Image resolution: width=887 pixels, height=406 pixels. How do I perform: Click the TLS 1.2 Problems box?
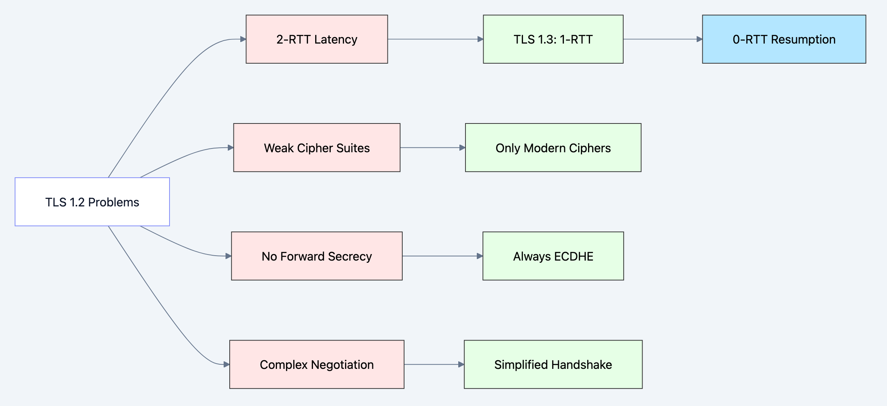point(92,202)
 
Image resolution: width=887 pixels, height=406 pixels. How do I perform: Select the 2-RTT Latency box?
point(317,39)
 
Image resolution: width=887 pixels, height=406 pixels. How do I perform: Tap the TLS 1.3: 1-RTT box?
point(553,39)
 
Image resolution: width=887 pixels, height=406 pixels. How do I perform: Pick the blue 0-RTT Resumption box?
point(784,39)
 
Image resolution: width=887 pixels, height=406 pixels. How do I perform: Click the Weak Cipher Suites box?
point(317,148)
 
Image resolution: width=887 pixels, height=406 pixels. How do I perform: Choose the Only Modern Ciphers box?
point(553,148)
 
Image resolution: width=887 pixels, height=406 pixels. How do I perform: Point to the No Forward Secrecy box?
point(317,256)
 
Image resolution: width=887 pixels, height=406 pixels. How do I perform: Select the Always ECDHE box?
point(553,256)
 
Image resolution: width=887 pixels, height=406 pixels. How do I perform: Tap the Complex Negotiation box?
point(317,364)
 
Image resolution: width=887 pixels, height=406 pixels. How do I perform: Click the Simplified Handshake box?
point(553,364)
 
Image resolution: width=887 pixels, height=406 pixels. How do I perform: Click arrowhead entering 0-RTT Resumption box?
point(699,39)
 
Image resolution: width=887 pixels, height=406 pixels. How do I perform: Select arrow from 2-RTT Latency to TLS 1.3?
point(435,39)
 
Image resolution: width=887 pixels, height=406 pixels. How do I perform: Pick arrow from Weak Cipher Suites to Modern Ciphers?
point(432,148)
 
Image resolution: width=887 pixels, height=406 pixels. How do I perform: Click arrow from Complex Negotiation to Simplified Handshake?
point(434,364)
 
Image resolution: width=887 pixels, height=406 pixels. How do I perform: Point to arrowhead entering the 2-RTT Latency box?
point(243,39)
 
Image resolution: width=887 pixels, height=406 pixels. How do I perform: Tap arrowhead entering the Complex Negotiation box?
point(226,364)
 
